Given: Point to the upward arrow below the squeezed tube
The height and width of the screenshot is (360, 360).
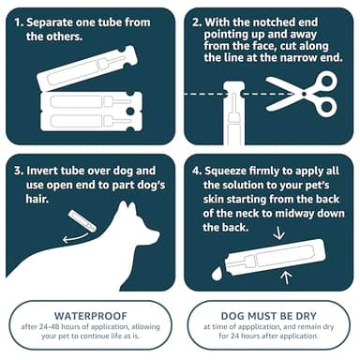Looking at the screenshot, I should coord(287,277).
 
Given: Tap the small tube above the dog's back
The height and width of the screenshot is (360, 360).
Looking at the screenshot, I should coord(82,221).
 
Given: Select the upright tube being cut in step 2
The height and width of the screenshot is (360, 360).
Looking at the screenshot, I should coord(233,117).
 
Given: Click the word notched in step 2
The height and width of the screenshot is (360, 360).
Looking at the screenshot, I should coord(272,20).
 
